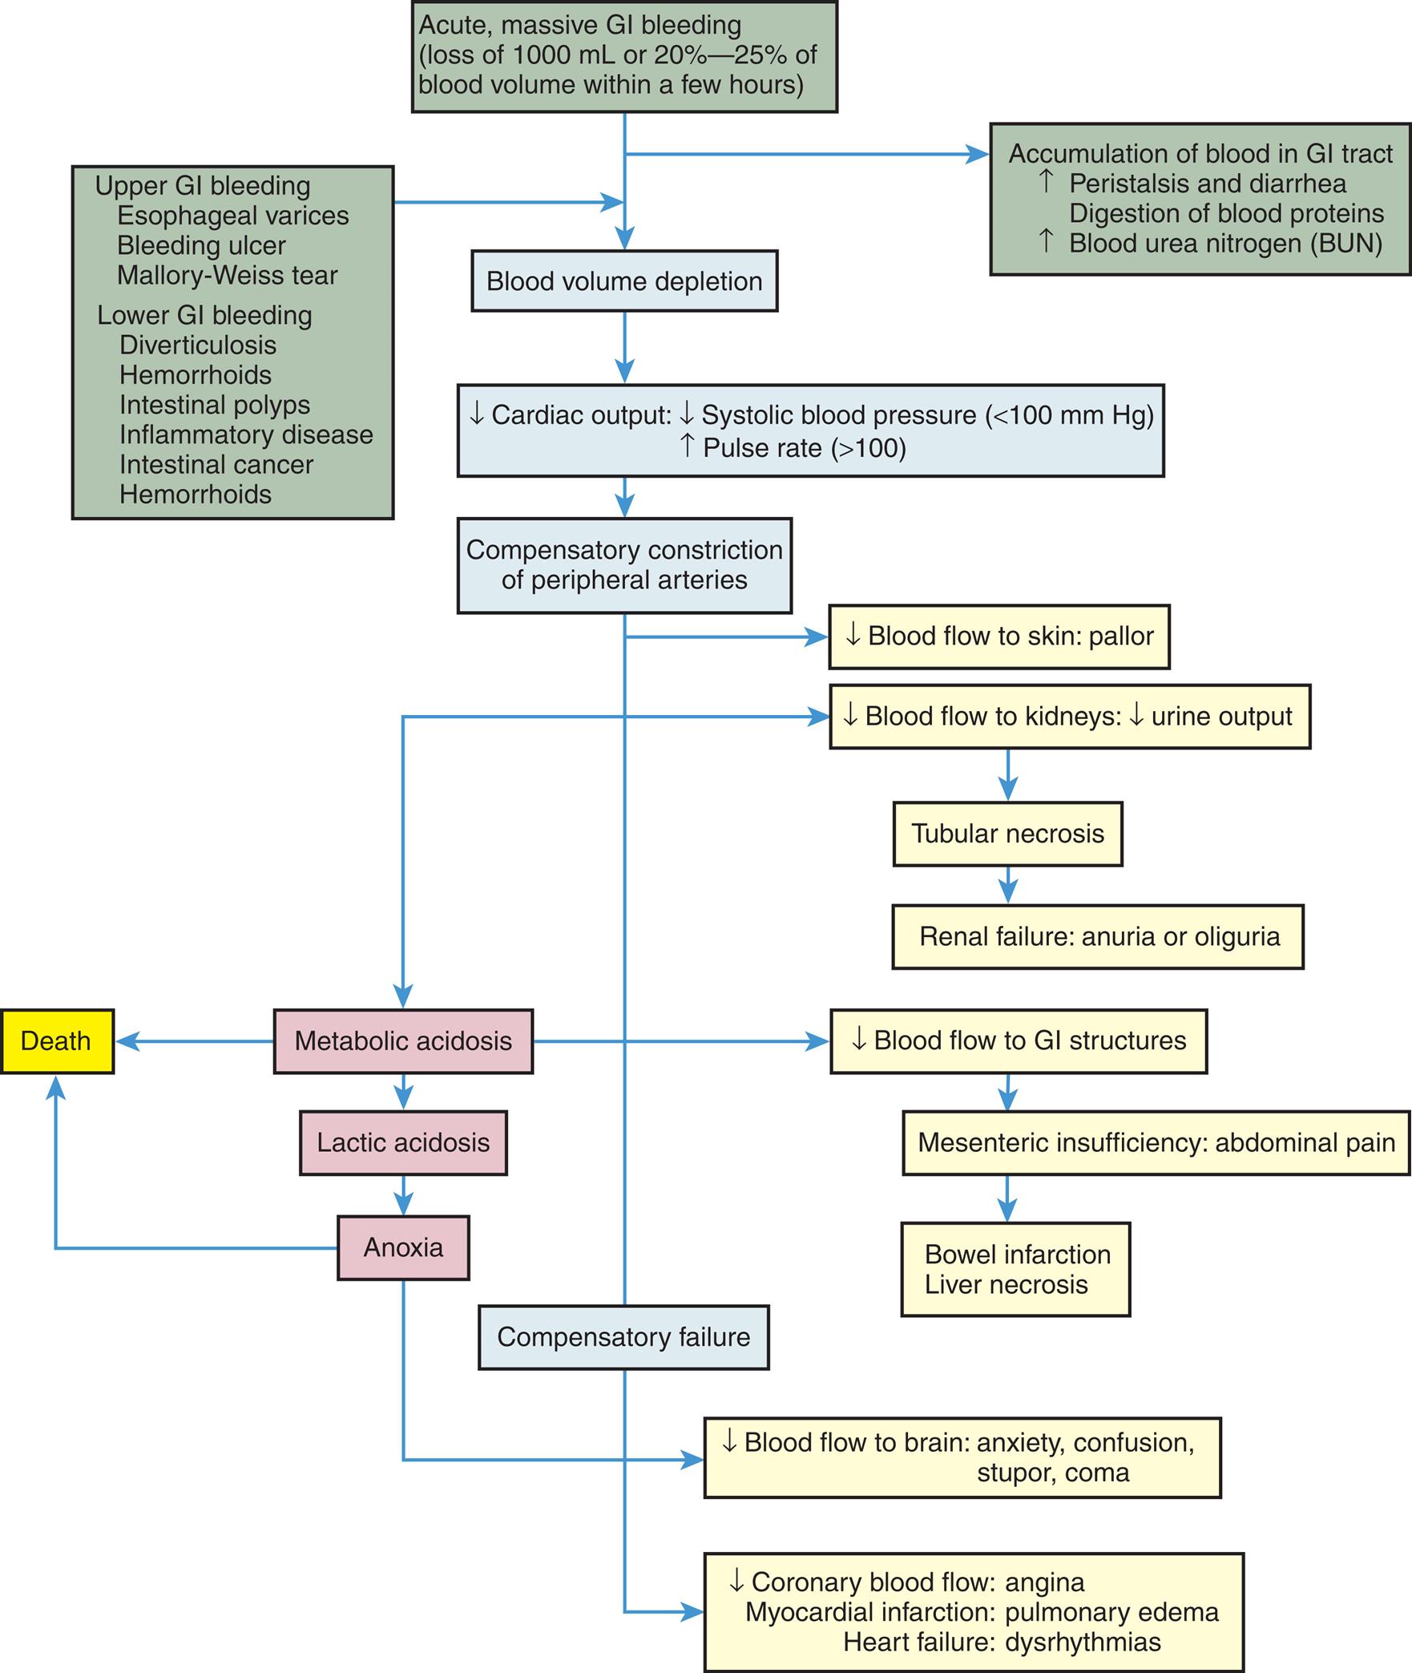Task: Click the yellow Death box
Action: pyautogui.click(x=56, y=1041)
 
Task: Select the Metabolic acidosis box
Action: pyautogui.click(x=403, y=1041)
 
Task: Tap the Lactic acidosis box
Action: pyautogui.click(x=403, y=1143)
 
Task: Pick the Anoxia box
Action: pyautogui.click(x=403, y=1248)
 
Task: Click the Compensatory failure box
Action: pyautogui.click(x=623, y=1337)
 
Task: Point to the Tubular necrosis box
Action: pyautogui.click(x=1007, y=834)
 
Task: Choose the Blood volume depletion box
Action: pyautogui.click(x=624, y=281)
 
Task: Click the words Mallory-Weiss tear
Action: pyautogui.click(x=227, y=276)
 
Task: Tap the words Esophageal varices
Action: pyautogui.click(x=232, y=216)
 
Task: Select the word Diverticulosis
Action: pyautogui.click(x=198, y=346)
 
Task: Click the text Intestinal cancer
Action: pyautogui.click(x=216, y=465)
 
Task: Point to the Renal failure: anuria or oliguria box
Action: pyautogui.click(x=1098, y=937)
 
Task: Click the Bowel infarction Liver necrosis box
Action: pyautogui.click(x=1015, y=1270)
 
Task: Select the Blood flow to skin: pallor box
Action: pyautogui.click(x=999, y=636)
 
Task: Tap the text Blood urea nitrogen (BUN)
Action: pyautogui.click(x=1225, y=244)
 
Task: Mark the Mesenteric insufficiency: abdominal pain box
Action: pyautogui.click(x=1156, y=1143)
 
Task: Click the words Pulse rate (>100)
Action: pyautogui.click(x=804, y=448)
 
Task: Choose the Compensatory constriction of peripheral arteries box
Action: pyautogui.click(x=624, y=566)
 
